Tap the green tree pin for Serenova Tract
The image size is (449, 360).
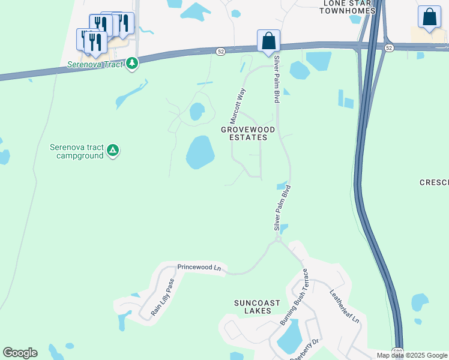(132, 63)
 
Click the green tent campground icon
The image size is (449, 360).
(113, 151)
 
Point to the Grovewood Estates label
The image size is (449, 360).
(248, 133)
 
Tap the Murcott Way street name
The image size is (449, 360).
(238, 106)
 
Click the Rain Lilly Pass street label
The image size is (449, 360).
(163, 298)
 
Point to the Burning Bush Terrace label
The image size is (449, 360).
(294, 298)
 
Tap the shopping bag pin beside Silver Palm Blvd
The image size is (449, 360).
(268, 41)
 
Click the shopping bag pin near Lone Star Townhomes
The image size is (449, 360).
(429, 18)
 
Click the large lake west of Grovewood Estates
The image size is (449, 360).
(200, 152)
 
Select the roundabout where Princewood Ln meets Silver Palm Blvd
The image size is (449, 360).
(278, 239)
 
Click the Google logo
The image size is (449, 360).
(20, 353)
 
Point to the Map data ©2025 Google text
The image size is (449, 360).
(412, 355)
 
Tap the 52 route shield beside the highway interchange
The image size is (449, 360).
(389, 47)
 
